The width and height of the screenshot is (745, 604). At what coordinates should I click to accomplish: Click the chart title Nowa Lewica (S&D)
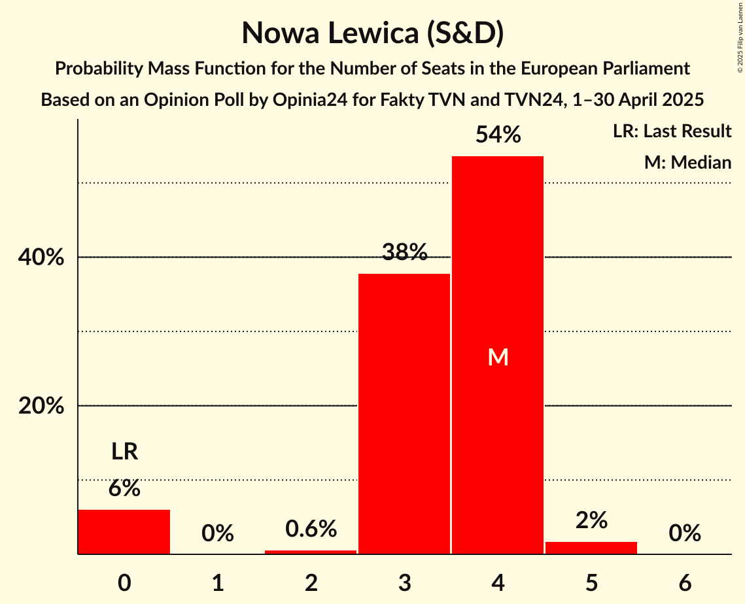(x=372, y=33)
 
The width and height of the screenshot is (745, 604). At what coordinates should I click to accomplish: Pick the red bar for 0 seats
(x=124, y=531)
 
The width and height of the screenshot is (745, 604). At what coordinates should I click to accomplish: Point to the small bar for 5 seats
(x=591, y=548)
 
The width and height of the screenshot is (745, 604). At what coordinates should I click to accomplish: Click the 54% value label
(x=498, y=135)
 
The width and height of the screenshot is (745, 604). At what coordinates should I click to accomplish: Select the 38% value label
(x=404, y=252)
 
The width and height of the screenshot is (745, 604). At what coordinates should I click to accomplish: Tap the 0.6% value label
(x=311, y=529)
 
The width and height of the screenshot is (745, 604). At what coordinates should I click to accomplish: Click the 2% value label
(x=591, y=520)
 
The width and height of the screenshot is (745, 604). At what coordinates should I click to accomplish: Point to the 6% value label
(x=124, y=488)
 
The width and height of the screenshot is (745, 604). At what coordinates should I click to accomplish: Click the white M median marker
(x=498, y=357)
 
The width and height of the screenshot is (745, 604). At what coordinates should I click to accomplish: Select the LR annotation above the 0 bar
(x=124, y=452)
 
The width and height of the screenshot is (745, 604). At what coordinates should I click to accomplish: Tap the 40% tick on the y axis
(x=41, y=258)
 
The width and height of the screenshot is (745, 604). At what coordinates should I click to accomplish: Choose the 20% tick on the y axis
(x=41, y=406)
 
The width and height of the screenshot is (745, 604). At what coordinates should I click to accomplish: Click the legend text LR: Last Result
(x=672, y=131)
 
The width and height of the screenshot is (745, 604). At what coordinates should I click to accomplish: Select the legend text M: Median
(x=687, y=162)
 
